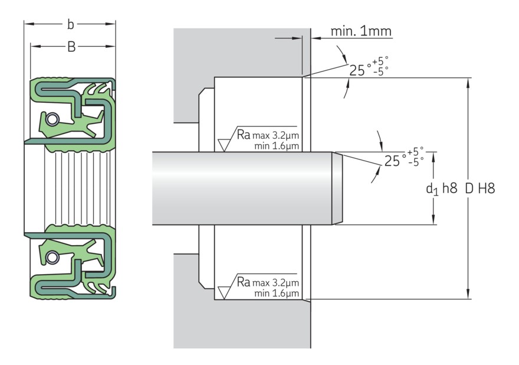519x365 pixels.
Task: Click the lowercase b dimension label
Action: [x=71, y=25]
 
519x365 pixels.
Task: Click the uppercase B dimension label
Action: [x=71, y=47]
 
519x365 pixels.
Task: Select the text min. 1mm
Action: [x=360, y=31]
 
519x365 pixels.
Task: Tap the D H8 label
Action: [x=479, y=189]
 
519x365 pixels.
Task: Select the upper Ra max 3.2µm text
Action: [x=267, y=134]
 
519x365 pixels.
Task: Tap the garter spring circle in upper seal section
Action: [x=53, y=120]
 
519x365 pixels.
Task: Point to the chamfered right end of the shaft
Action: [x=337, y=188]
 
